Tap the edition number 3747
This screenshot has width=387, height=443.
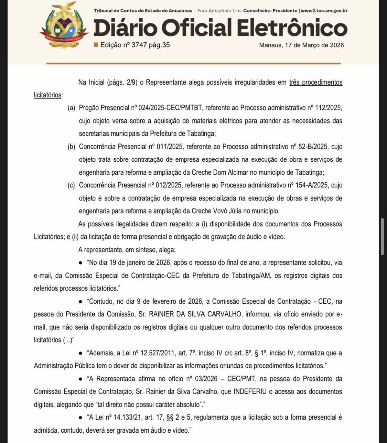[139, 45]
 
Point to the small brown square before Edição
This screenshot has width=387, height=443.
[96, 45]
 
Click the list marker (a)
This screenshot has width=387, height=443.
[71, 108]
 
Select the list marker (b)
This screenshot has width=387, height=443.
[71, 147]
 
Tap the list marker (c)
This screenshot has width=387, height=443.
[71, 185]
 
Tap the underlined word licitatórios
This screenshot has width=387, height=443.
[47, 95]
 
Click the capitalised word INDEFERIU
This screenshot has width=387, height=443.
[252, 392]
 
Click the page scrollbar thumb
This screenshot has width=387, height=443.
[382, 236]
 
